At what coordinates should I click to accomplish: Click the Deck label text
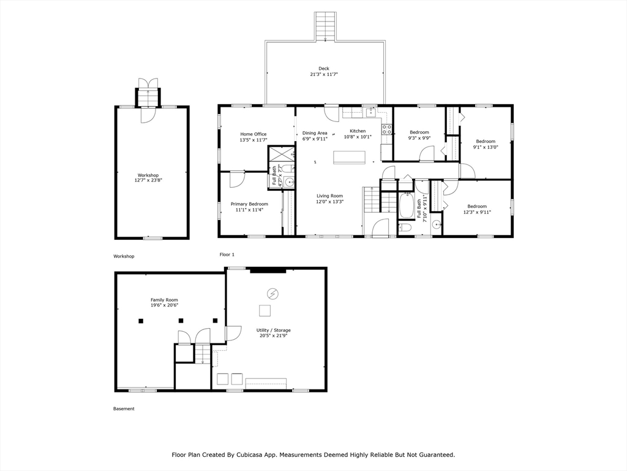pyautogui.click(x=324, y=69)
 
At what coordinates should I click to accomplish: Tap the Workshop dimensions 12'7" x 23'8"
pyautogui.click(x=148, y=180)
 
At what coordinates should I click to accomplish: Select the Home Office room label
pyautogui.click(x=253, y=134)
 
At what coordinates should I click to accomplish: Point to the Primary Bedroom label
pyautogui.click(x=249, y=204)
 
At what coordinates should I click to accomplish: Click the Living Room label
pyautogui.click(x=330, y=196)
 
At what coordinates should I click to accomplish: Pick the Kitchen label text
pyautogui.click(x=358, y=131)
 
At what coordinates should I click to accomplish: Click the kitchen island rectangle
pyautogui.click(x=350, y=157)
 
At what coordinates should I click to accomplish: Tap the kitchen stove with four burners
pyautogui.click(x=387, y=129)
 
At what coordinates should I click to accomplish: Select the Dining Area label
pyautogui.click(x=315, y=133)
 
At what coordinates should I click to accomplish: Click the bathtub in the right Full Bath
pyautogui.click(x=407, y=206)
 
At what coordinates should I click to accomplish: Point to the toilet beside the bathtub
pyautogui.click(x=405, y=228)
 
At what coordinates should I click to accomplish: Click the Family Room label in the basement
pyautogui.click(x=164, y=299)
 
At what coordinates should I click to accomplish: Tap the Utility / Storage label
pyautogui.click(x=274, y=330)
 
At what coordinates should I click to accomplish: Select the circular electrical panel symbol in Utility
pyautogui.click(x=273, y=294)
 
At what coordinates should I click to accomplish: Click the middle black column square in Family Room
pyautogui.click(x=181, y=320)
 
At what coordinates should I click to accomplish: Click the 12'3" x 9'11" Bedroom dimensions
pyautogui.click(x=477, y=212)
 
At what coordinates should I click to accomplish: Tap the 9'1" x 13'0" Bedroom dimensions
pyautogui.click(x=486, y=147)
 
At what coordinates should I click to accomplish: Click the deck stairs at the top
pyautogui.click(x=326, y=26)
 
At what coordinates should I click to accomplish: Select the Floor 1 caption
pyautogui.click(x=227, y=255)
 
